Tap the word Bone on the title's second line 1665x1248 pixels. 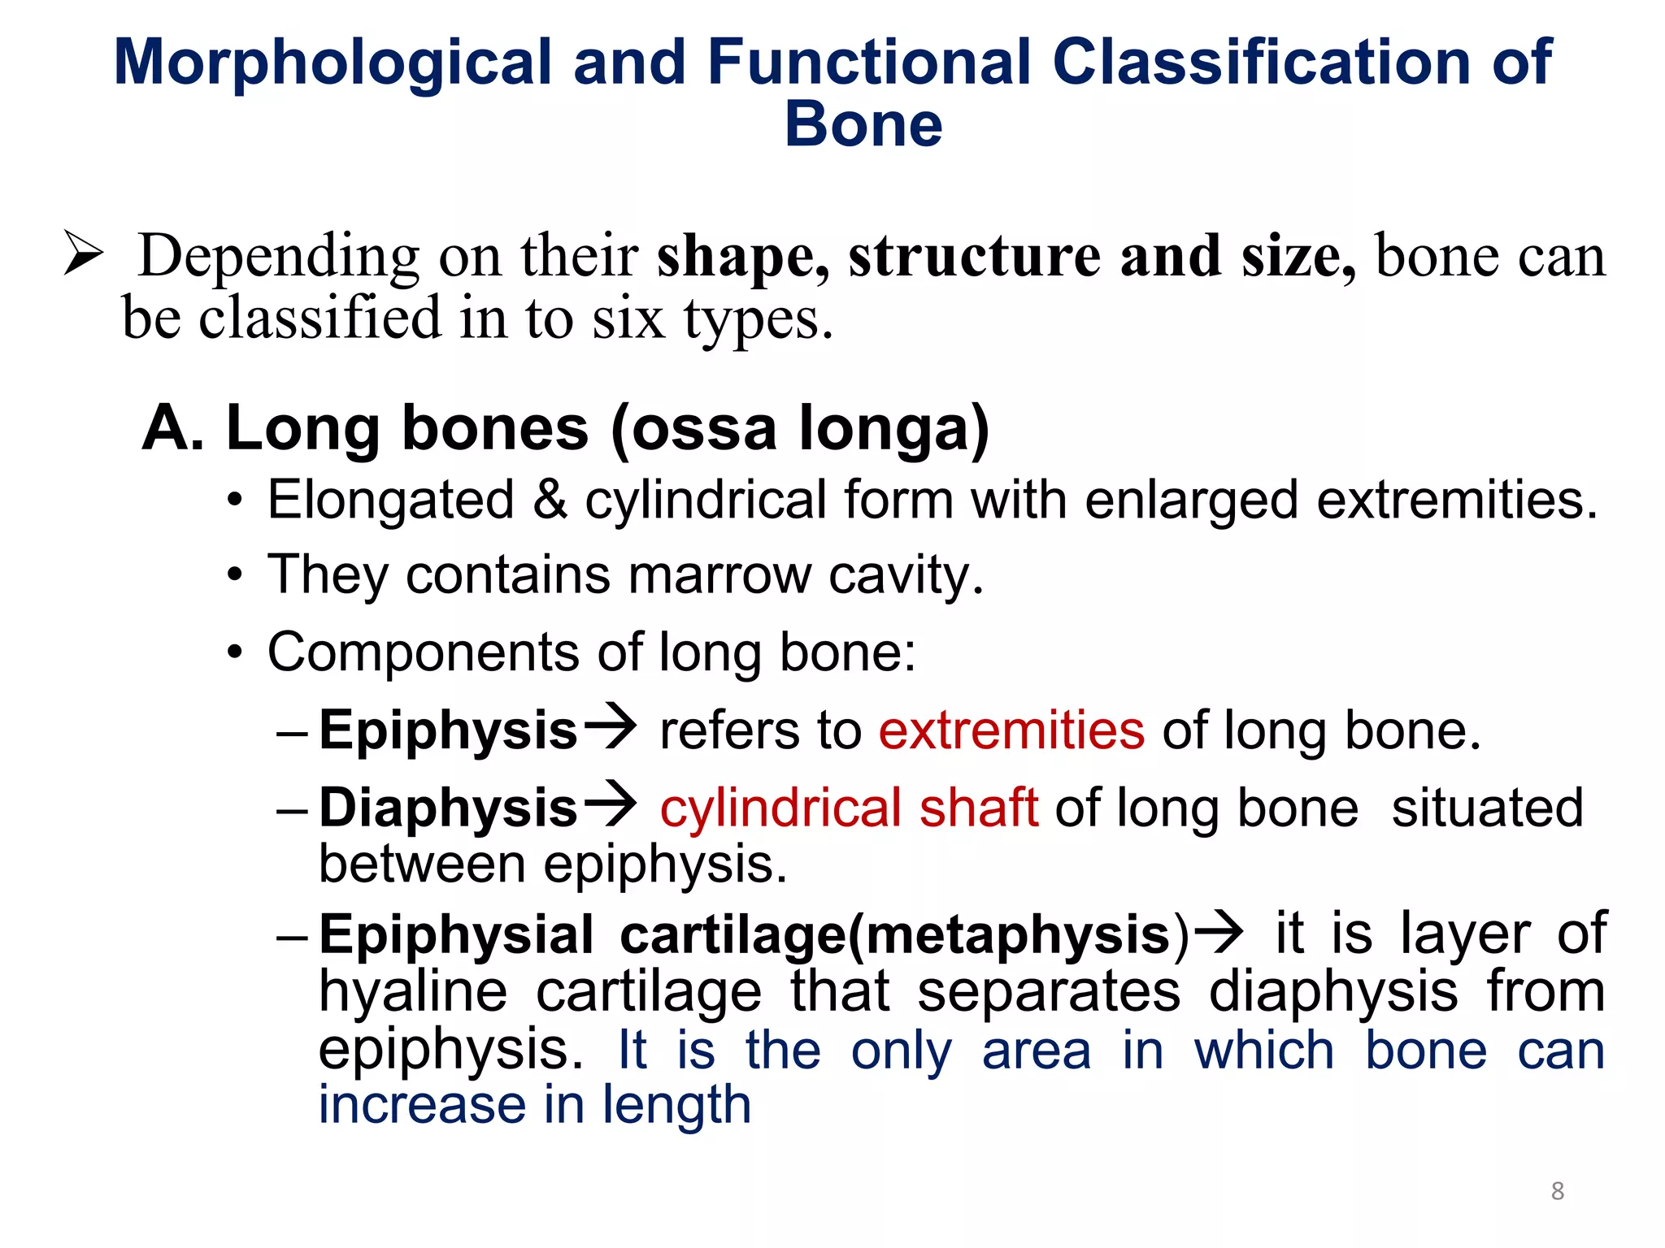pyautogui.click(x=863, y=125)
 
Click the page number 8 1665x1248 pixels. pyautogui.click(x=1557, y=1191)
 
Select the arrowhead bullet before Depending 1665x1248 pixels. pyautogui.click(x=84, y=253)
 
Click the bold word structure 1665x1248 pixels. pyautogui.click(x=974, y=256)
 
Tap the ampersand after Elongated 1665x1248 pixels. pyautogui.click(x=550, y=499)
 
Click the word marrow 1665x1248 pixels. pyautogui.click(x=719, y=575)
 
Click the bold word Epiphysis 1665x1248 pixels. pyautogui.click(x=448, y=730)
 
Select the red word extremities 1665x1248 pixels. pyautogui.click(x=1011, y=730)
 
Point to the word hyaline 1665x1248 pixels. pyautogui.click(x=412, y=993)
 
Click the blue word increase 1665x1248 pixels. pyautogui.click(x=422, y=1105)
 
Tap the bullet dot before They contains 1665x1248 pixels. pyautogui.click(x=235, y=576)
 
